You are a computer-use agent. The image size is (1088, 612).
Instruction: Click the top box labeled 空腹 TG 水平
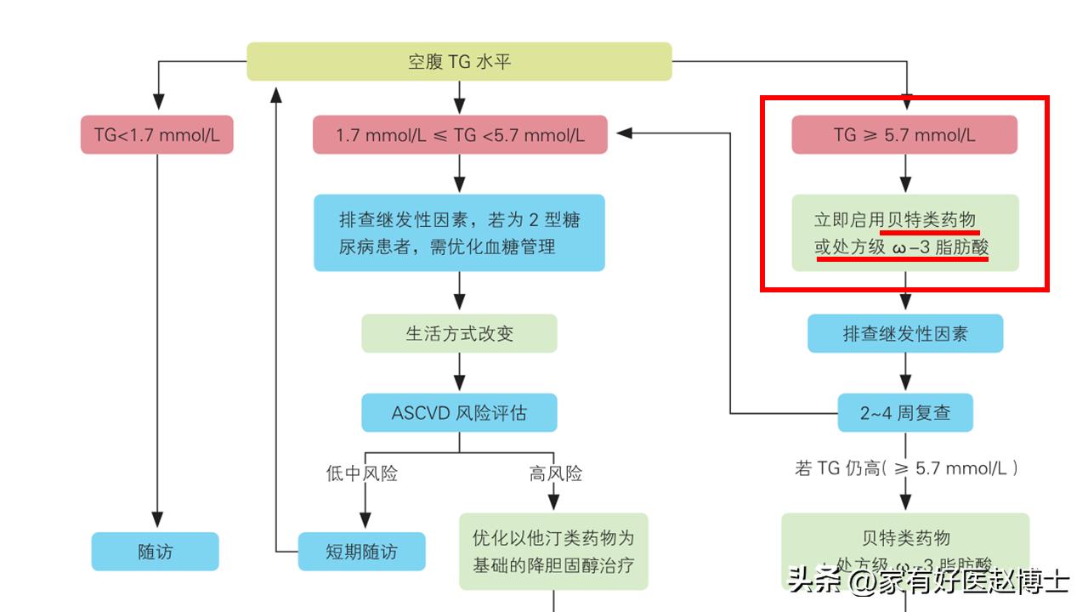(459, 62)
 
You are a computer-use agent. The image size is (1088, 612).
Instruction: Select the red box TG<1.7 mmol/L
(157, 134)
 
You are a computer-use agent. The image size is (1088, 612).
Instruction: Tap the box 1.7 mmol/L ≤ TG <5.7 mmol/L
(460, 134)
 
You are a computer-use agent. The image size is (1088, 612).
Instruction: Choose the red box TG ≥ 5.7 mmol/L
(904, 134)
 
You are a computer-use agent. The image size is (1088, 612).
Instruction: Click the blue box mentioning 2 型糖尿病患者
(459, 233)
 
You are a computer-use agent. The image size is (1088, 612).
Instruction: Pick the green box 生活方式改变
(459, 333)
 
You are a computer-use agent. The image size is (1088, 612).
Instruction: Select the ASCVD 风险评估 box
(459, 413)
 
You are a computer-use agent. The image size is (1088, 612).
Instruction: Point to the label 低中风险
(362, 473)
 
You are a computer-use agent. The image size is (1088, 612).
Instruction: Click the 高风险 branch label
(556, 473)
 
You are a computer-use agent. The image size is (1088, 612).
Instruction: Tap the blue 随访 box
(156, 552)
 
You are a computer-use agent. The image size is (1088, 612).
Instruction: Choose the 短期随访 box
(361, 552)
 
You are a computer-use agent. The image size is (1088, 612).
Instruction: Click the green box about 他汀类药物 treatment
(553, 551)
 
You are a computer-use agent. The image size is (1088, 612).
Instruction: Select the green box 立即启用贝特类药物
(904, 233)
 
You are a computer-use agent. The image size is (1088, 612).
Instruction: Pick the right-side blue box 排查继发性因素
(904, 333)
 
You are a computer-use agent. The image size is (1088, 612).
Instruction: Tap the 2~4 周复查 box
(904, 413)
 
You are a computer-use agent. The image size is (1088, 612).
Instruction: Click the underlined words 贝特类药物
(929, 220)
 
